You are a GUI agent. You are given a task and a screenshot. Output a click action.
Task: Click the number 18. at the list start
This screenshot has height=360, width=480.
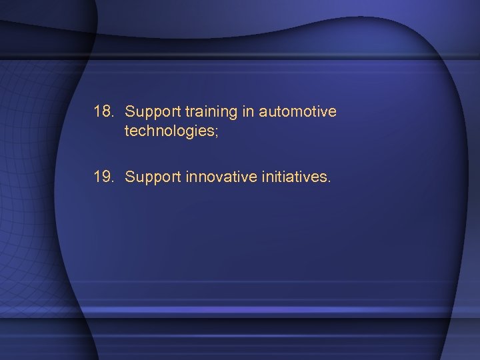click(105, 112)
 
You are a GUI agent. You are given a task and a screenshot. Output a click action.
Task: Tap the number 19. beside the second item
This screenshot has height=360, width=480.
click(105, 177)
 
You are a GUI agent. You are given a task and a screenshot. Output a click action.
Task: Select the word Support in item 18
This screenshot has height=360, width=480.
click(148, 112)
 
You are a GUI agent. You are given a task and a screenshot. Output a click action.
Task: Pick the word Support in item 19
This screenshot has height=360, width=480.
click(148, 177)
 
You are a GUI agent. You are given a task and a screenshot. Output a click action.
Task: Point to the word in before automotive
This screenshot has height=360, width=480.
click(248, 112)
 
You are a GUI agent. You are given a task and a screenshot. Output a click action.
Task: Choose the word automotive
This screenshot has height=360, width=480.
click(298, 112)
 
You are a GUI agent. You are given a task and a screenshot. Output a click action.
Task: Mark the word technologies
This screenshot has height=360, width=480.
click(167, 131)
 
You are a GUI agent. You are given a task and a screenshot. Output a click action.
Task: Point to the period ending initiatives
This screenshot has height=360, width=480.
click(328, 182)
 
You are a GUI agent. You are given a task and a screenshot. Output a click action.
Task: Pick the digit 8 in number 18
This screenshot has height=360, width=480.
click(108, 112)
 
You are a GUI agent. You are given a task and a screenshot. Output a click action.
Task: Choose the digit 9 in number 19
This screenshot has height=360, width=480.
click(108, 177)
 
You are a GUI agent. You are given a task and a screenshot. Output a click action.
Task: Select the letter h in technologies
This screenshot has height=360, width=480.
click(147, 131)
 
